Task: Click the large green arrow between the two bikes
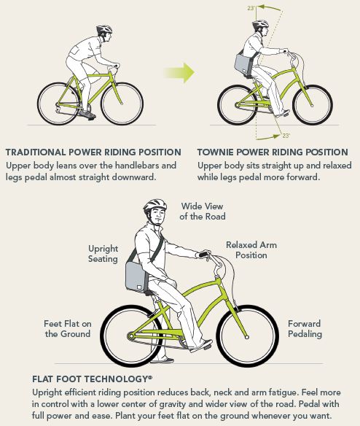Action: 180,72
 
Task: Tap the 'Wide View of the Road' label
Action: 203,211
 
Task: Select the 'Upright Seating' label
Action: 103,253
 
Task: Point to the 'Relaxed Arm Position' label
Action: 251,250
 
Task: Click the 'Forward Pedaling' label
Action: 305,329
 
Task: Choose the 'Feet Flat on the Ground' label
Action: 68,329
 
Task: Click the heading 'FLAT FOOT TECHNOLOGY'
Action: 92,379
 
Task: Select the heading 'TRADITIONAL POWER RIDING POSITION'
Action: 93,152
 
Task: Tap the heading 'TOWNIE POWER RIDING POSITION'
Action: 273,152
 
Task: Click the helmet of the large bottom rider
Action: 154,206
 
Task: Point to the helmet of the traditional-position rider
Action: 104,28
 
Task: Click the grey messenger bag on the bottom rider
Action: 136,276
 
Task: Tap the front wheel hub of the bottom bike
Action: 247,337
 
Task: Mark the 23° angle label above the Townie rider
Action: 251,8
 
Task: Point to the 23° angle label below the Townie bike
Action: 286,135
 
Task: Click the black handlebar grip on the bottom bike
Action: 203,255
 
